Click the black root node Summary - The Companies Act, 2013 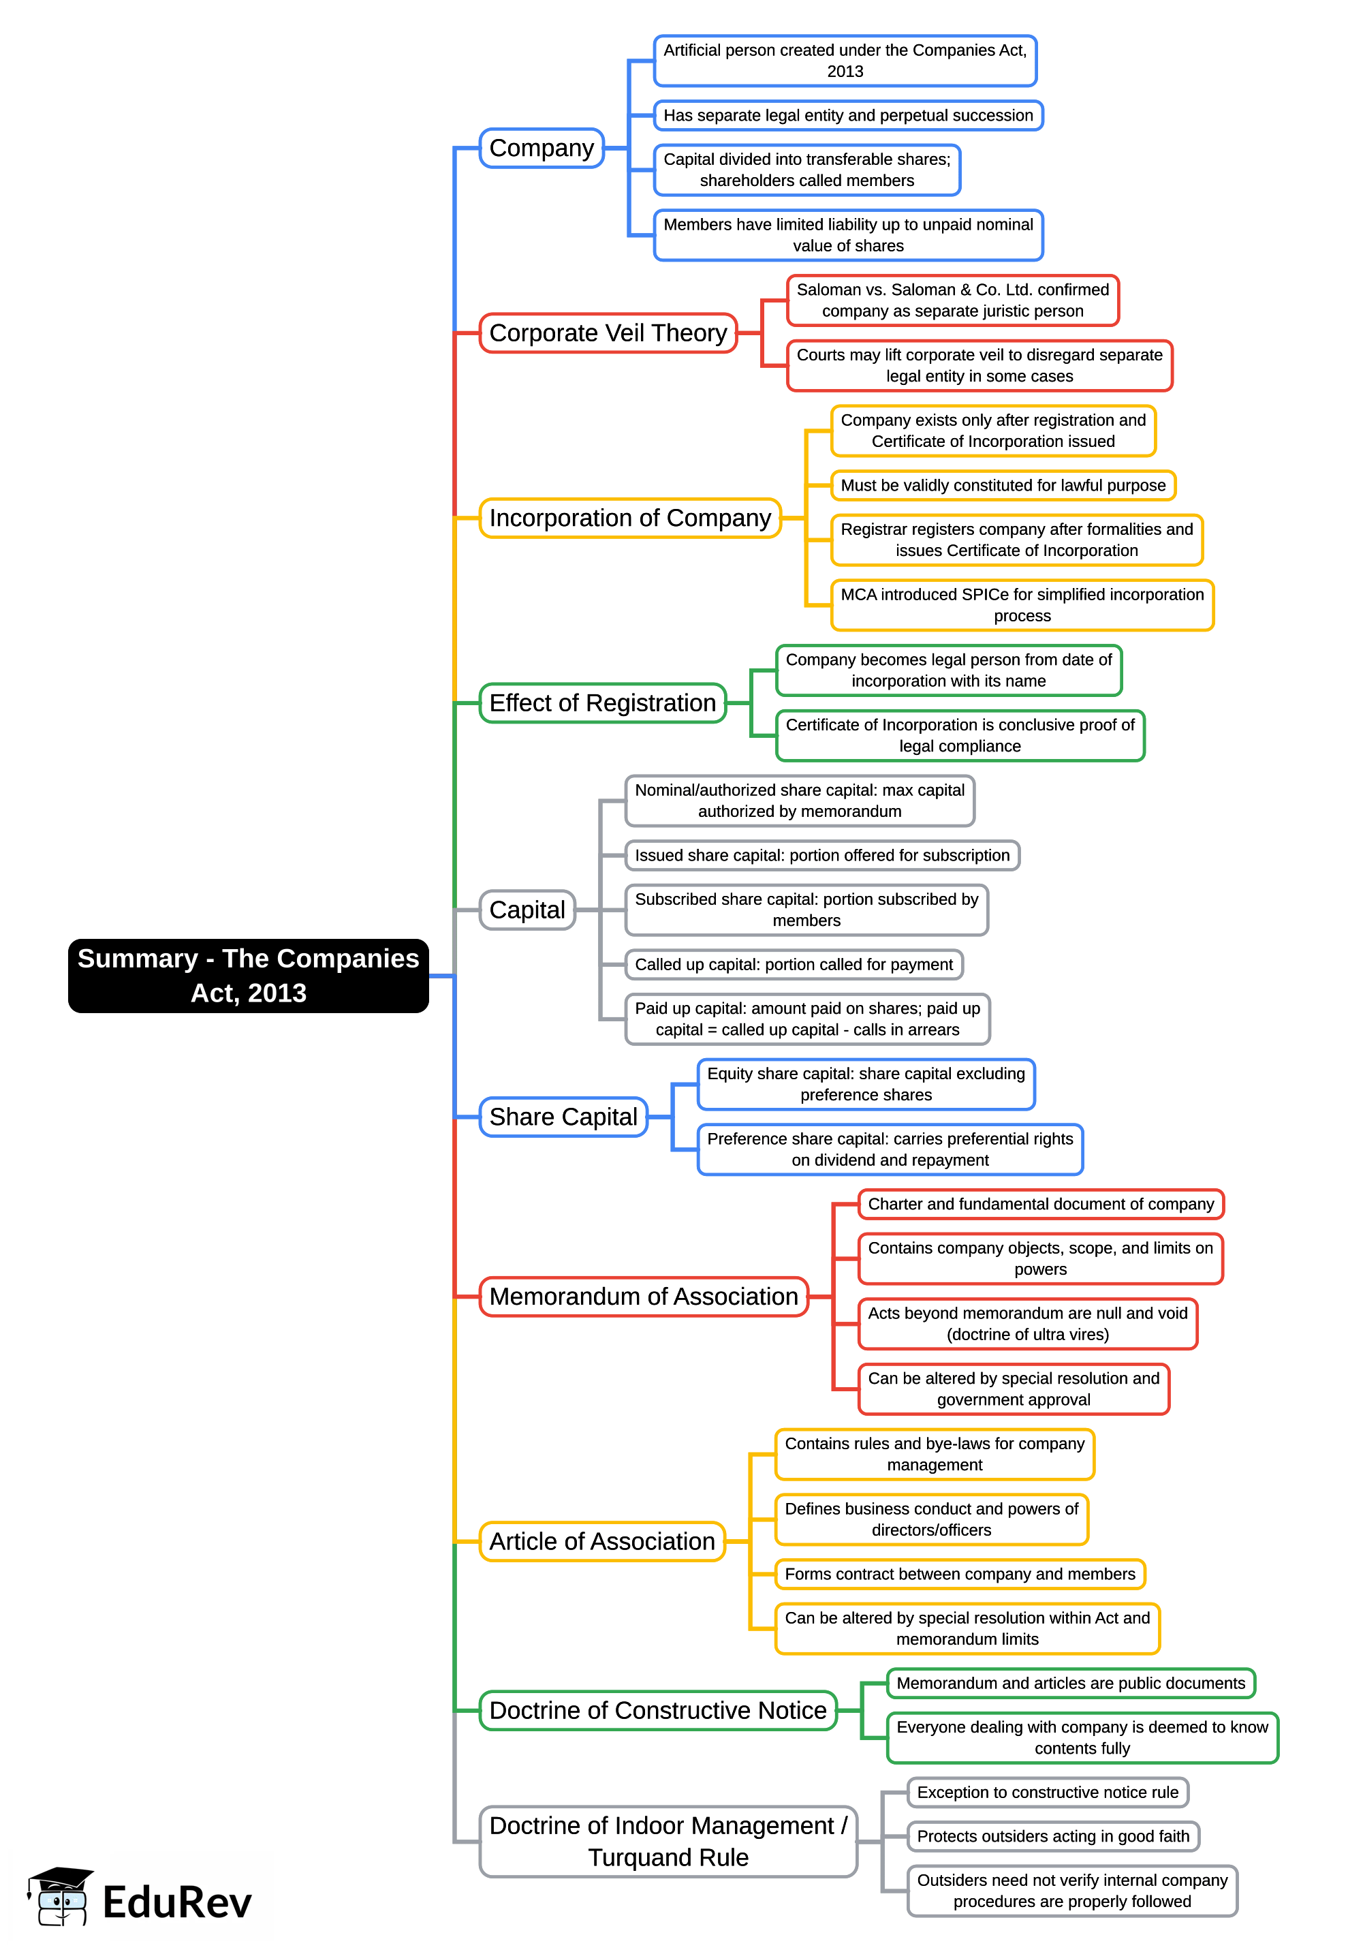pos(249,976)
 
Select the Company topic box pos(542,149)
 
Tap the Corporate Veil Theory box pos(608,332)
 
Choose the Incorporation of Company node pos(630,518)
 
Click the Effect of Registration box pos(602,702)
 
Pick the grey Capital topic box pos(527,910)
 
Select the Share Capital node pos(563,1117)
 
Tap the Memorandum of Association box pos(644,1297)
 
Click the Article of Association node pos(602,1541)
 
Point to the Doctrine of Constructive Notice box pos(658,1710)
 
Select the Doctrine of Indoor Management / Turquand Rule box pos(668,1842)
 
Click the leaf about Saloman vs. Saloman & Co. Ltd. pos(953,300)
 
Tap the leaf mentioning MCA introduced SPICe pos(1022,605)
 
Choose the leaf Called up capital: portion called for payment pos(794,965)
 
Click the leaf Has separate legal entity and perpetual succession pos(848,116)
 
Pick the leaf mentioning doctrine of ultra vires pos(1028,1324)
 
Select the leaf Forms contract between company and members pos(960,1575)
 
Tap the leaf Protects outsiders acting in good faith pos(1053,1836)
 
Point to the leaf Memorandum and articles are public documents pos(1071,1684)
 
